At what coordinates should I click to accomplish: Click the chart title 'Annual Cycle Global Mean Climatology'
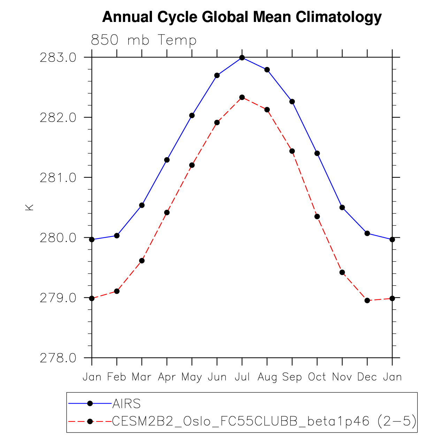[242, 17]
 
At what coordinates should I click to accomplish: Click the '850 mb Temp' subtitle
[144, 40]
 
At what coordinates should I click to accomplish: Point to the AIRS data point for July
[242, 58]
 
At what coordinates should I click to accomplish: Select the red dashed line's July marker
[242, 97]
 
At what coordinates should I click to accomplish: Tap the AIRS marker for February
[117, 236]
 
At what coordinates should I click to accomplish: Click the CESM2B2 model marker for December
[367, 300]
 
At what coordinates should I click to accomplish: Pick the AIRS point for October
[317, 153]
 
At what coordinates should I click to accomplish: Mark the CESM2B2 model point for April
[167, 213]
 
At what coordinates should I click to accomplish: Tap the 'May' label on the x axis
[192, 377]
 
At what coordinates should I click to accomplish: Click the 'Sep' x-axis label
[292, 377]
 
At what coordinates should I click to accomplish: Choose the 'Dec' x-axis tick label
[367, 377]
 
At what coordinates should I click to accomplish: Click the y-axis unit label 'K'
[29, 207]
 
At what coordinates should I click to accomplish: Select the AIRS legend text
[127, 404]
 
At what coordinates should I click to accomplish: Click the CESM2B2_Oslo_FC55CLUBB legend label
[264, 421]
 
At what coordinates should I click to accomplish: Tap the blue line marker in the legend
[90, 404]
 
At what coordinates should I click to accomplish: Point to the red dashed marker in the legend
[90, 421]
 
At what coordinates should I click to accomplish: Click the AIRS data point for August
[267, 70]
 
